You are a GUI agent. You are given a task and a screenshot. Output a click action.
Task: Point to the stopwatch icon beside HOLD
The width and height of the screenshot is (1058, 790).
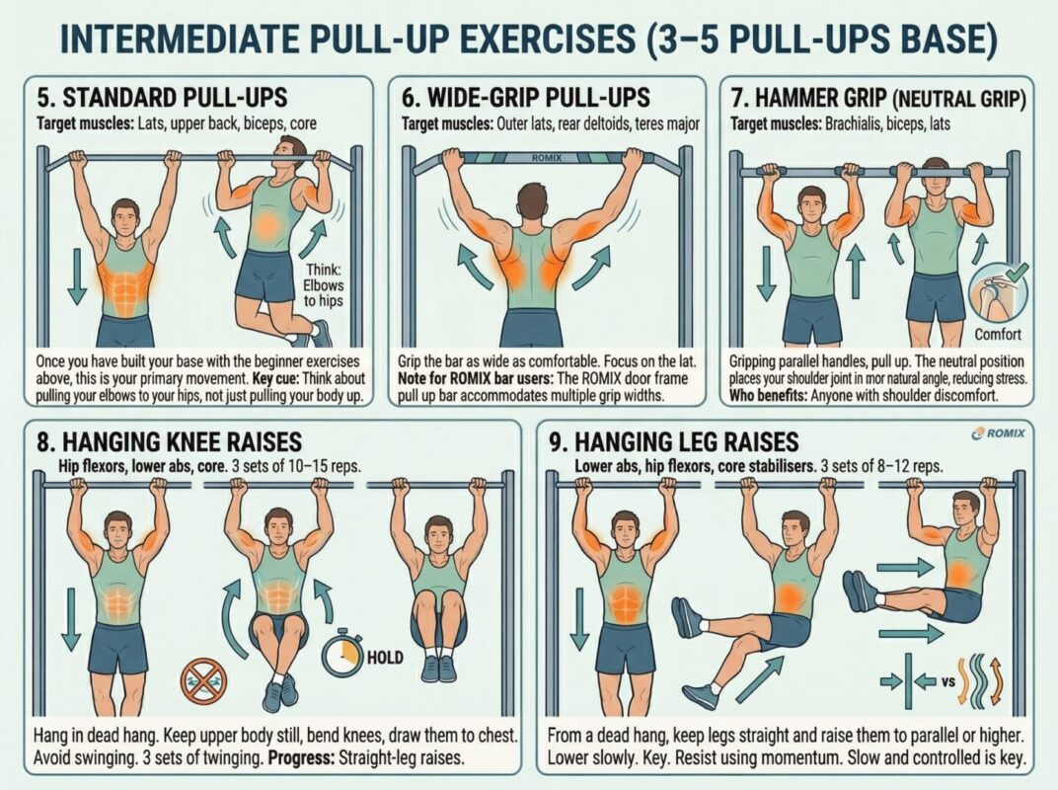[x=342, y=652]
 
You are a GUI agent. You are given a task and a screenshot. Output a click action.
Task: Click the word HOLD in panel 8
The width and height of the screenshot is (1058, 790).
[x=386, y=657]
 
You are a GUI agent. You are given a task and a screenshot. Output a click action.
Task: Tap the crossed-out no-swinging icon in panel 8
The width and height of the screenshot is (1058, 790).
[x=204, y=681]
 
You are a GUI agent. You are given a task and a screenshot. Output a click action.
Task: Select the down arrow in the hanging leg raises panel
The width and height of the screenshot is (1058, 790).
[x=580, y=619]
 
